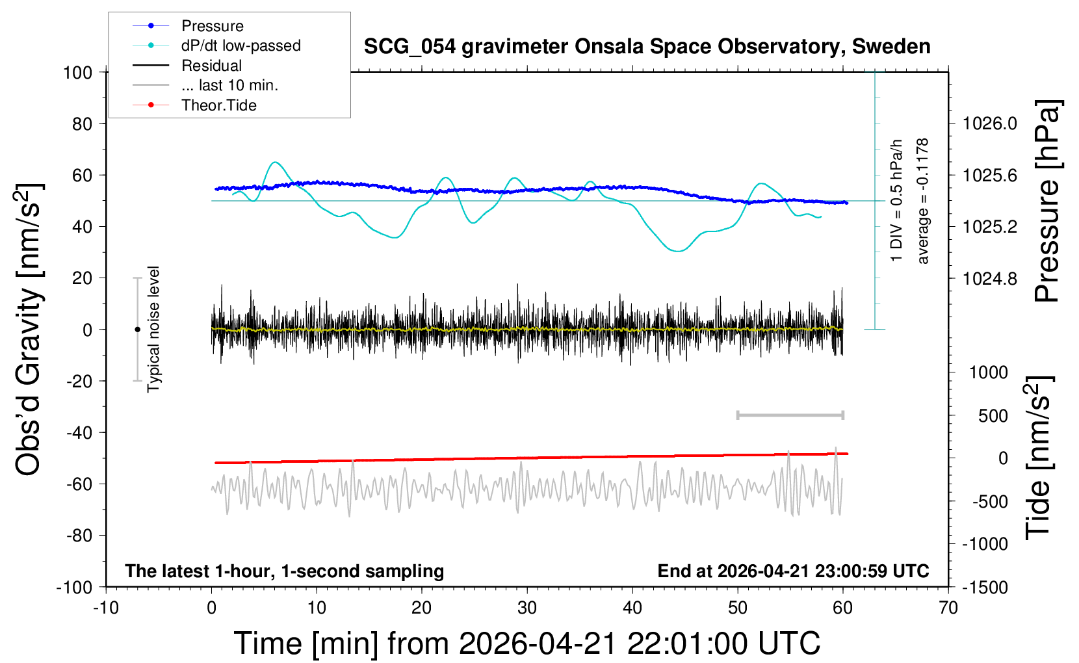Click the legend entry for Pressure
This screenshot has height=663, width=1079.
pyautogui.click(x=212, y=26)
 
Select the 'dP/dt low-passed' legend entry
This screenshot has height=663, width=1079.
pyautogui.click(x=240, y=45)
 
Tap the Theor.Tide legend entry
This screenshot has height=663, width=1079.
pyautogui.click(x=218, y=105)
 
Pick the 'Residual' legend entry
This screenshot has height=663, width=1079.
pyautogui.click(x=211, y=66)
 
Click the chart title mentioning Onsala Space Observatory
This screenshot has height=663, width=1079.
pyautogui.click(x=647, y=47)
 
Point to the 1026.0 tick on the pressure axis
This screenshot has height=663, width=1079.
pyautogui.click(x=989, y=123)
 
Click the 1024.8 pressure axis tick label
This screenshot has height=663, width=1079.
pyautogui.click(x=989, y=279)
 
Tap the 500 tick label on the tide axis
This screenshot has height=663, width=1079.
pyautogui.click(x=993, y=416)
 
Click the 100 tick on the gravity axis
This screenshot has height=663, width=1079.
pyautogui.click(x=78, y=72)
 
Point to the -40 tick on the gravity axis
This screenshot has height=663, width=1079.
pyautogui.click(x=80, y=432)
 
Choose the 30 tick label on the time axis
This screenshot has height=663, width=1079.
pyautogui.click(x=527, y=608)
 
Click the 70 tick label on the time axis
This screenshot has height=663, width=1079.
pyautogui.click(x=948, y=608)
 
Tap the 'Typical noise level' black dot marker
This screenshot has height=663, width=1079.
pyautogui.click(x=137, y=330)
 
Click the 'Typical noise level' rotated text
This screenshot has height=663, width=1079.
pyautogui.click(x=153, y=330)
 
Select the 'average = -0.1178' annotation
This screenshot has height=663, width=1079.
pyautogui.click(x=922, y=201)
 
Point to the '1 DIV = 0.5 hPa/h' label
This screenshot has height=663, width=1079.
pyautogui.click(x=897, y=200)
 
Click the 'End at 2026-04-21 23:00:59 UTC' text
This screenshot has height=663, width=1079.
pyautogui.click(x=793, y=571)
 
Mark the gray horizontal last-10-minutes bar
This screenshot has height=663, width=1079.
pyautogui.click(x=790, y=415)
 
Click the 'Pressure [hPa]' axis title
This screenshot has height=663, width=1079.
pyautogui.click(x=1047, y=201)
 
